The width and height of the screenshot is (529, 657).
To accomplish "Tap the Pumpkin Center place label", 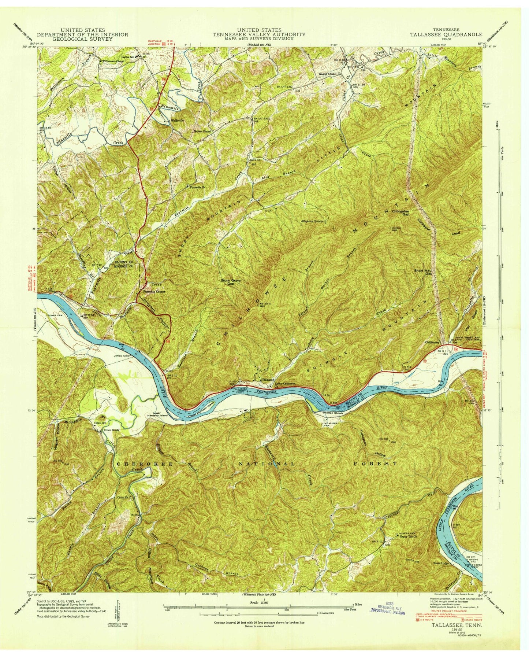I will pos(153,292).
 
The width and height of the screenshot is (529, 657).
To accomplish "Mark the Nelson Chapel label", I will pos(203,130).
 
